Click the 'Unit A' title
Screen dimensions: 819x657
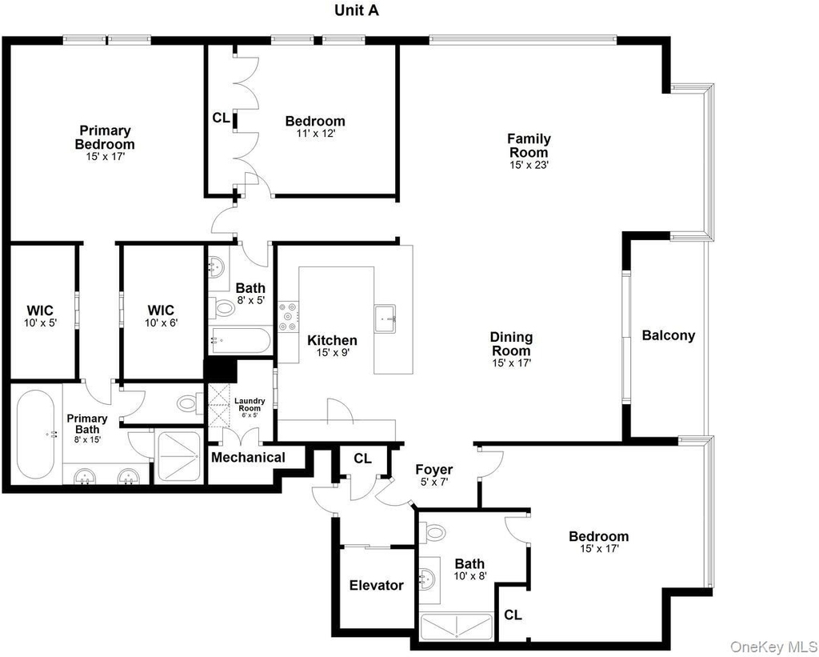(x=357, y=10)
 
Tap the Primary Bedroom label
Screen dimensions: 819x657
(x=105, y=137)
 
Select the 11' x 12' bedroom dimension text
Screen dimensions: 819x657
(x=315, y=134)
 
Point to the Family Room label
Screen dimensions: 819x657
(x=529, y=146)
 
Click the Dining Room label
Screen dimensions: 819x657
(x=511, y=344)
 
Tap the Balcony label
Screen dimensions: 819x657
(x=669, y=335)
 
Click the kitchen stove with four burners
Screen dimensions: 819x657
(x=288, y=317)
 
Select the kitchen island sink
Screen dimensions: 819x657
(x=386, y=318)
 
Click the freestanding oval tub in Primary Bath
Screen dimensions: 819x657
(x=35, y=435)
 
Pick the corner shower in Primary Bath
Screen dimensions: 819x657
(x=178, y=456)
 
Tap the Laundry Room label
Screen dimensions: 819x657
(x=250, y=404)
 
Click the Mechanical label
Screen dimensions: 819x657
(x=248, y=457)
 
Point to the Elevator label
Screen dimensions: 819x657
(x=377, y=585)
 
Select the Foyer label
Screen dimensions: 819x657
(x=434, y=470)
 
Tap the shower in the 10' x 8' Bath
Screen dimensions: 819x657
(x=457, y=626)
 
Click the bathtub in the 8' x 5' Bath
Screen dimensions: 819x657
(x=240, y=342)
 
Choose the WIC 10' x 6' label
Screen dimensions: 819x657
(x=162, y=315)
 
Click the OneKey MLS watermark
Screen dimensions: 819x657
(x=773, y=647)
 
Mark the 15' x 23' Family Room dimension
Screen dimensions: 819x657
(x=529, y=165)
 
